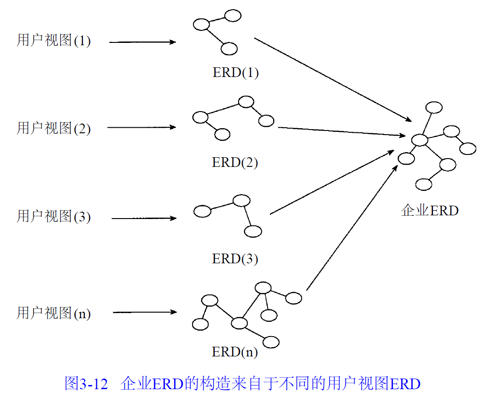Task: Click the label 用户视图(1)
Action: coord(54,41)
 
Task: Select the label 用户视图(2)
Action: coord(54,128)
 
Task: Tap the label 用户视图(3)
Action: coord(54,216)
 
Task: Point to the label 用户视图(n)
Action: coord(54,313)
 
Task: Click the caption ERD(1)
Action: coord(235,72)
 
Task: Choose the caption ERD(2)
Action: coord(235,162)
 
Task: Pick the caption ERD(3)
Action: coord(235,259)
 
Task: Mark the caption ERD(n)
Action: coord(235,352)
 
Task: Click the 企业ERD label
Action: coord(430,211)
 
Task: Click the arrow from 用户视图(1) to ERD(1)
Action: coord(143,42)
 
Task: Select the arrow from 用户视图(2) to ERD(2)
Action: coord(142,127)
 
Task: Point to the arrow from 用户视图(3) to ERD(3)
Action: coord(144,218)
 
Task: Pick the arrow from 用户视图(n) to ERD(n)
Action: coord(145,312)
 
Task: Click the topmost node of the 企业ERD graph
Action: coord(434,107)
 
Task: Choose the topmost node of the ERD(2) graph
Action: coord(246,101)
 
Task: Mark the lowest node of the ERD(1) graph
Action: coord(229,48)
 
